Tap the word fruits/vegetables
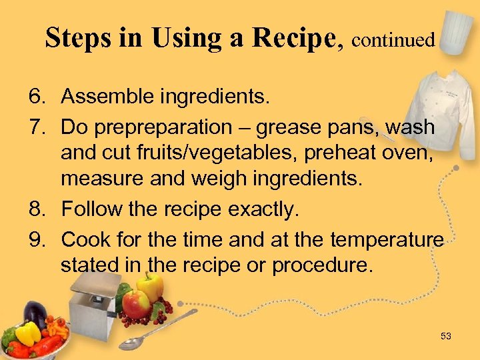point(207,155)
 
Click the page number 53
point(446,337)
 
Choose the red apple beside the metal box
point(137,304)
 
